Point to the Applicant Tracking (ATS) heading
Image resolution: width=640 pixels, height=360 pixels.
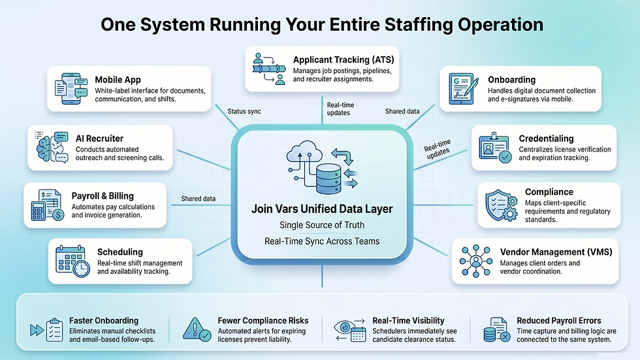[343, 59]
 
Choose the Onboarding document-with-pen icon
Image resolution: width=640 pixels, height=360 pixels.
[464, 90]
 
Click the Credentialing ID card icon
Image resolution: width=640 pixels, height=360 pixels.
[495, 148]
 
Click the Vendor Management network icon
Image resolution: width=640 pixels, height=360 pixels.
[476, 261]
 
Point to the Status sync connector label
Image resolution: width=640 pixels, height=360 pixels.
[244, 111]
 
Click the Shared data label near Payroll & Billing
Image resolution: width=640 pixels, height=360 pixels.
[199, 199]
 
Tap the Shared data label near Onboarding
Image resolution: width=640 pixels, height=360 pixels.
[402, 111]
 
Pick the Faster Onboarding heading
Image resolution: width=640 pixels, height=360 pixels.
[104, 320]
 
